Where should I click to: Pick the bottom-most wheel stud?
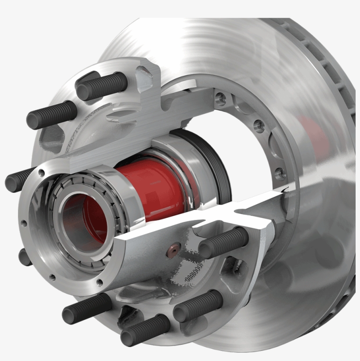(x=145, y=330)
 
